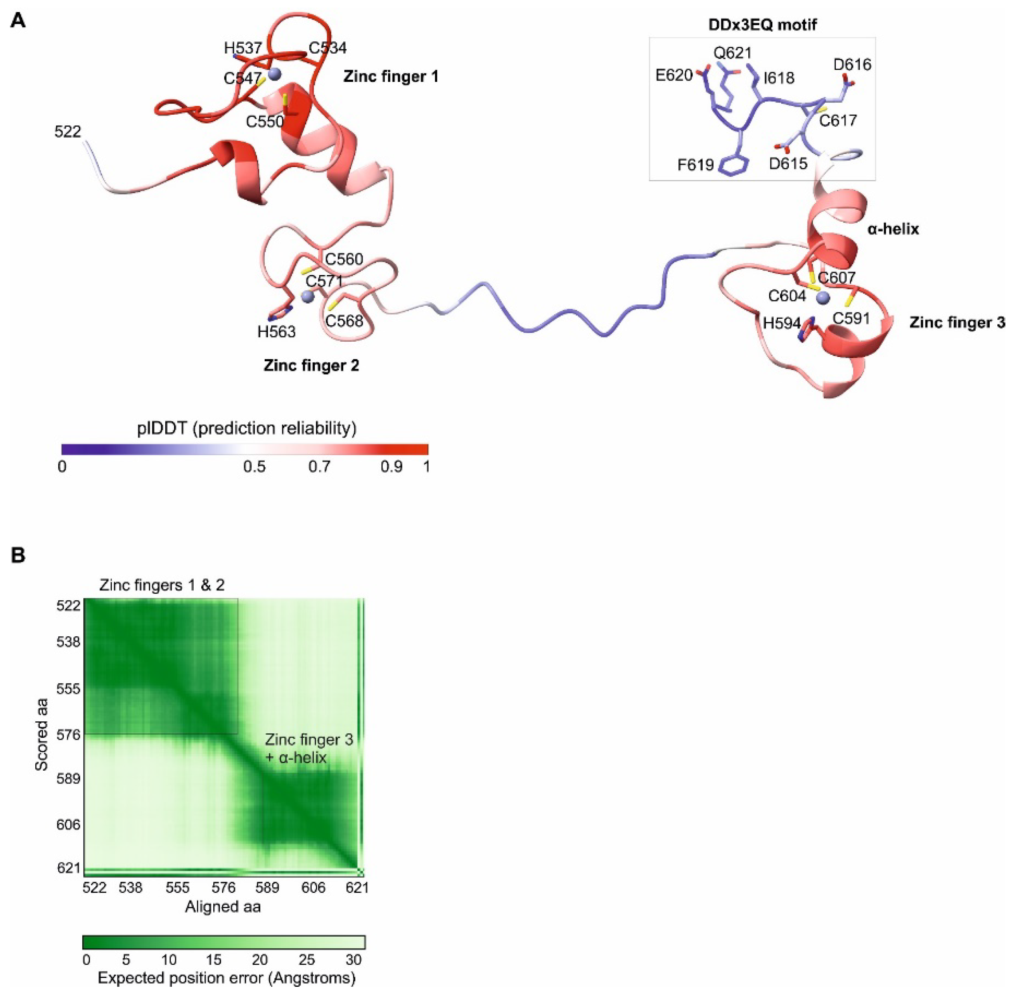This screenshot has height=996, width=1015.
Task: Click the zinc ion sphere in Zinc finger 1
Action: pyautogui.click(x=274, y=74)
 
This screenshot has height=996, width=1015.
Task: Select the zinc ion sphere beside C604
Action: pyautogui.click(x=823, y=298)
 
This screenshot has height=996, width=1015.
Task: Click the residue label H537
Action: pyautogui.click(x=243, y=48)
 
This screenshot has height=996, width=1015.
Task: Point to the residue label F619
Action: pyautogui.click(x=695, y=165)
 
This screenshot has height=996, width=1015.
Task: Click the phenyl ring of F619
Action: pyautogui.click(x=733, y=165)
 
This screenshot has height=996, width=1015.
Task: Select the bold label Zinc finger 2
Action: pyautogui.click(x=311, y=365)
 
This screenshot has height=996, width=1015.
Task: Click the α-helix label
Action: pyautogui.click(x=893, y=229)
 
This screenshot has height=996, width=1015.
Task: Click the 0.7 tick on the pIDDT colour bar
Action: pyautogui.click(x=319, y=466)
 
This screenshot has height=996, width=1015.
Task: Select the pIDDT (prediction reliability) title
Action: pyautogui.click(x=246, y=428)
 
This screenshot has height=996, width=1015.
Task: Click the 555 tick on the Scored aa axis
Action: pyautogui.click(x=68, y=689)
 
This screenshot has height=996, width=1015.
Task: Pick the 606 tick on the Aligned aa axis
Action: pyautogui.click(x=313, y=888)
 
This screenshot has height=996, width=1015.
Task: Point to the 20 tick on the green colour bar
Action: pyautogui.click(x=259, y=960)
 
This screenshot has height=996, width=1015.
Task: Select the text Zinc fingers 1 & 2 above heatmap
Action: pyautogui.click(x=162, y=585)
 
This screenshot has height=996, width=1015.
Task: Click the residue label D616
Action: pyautogui.click(x=852, y=65)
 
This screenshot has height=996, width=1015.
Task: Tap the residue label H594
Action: pyautogui.click(x=782, y=323)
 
